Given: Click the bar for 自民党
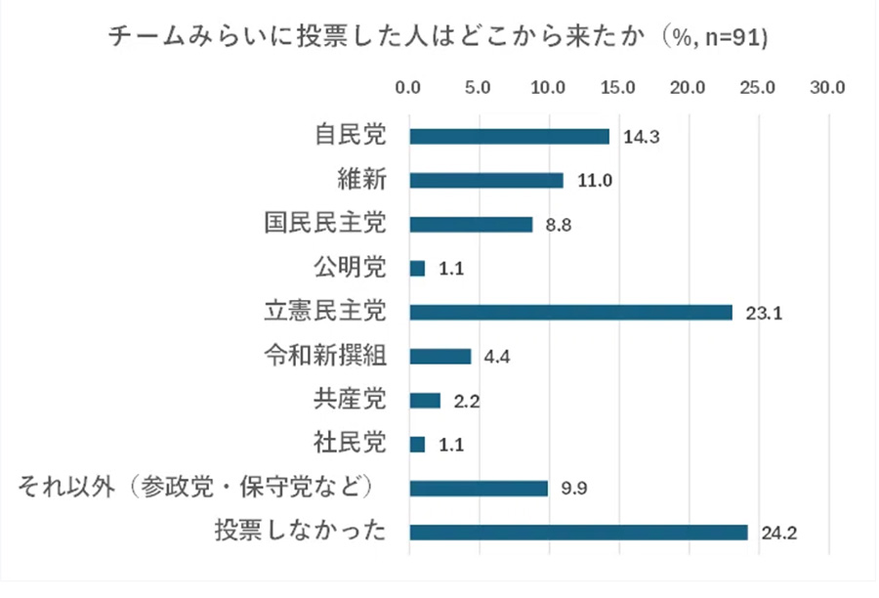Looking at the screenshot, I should tap(509, 137).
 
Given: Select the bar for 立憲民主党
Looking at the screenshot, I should tap(570, 313).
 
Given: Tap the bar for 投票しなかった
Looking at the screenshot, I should tap(578, 533).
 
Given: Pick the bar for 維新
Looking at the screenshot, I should tap(486, 181).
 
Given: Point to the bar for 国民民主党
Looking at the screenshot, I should tap(471, 225).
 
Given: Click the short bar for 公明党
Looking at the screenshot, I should tap(417, 269).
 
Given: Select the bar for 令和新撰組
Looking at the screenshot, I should tap(440, 357).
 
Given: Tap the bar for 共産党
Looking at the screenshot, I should tap(425, 401).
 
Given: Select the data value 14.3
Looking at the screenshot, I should tap(642, 138).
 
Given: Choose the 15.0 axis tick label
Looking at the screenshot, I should tap(618, 88).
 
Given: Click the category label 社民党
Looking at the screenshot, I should tap(349, 444).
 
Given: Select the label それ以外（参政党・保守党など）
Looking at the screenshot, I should tap(199, 488).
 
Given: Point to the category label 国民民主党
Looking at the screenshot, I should tap(325, 224).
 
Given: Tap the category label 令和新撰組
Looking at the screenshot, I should tap(325, 356).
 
